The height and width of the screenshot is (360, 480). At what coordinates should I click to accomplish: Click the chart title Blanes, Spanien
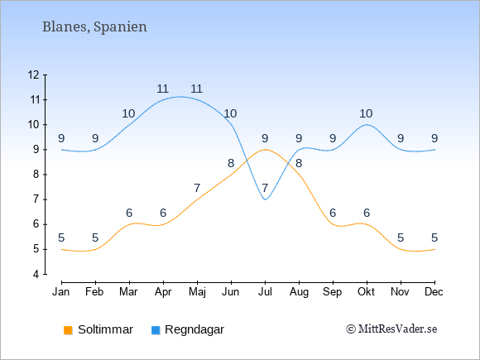click(x=94, y=27)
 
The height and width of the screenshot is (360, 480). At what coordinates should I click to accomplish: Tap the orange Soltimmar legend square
click(x=68, y=330)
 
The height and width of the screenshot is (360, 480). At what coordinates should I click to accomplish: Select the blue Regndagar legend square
click(x=156, y=330)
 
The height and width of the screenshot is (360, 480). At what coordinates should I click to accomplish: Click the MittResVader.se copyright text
click(x=391, y=329)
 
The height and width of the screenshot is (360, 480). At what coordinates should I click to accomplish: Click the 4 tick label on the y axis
click(x=36, y=274)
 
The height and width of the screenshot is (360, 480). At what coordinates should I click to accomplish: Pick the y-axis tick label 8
click(x=36, y=175)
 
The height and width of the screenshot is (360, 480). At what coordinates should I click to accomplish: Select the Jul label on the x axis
click(x=265, y=292)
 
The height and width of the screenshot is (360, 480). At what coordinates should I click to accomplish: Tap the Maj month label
click(x=197, y=292)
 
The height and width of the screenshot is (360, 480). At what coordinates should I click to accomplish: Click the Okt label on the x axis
click(x=367, y=292)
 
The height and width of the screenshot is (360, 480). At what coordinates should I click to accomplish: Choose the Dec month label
click(x=434, y=292)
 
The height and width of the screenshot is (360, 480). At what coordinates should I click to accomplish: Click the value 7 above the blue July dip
click(x=265, y=188)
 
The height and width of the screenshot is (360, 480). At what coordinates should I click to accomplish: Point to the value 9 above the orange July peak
click(x=265, y=138)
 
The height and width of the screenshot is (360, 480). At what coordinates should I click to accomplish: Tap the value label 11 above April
click(x=163, y=89)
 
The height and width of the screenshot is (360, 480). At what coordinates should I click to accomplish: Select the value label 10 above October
click(x=366, y=113)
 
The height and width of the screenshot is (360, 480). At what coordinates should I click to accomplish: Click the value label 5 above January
click(x=61, y=238)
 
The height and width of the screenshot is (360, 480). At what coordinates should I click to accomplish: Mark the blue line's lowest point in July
click(x=265, y=199)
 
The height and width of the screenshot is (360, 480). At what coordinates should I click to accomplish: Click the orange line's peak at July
click(x=265, y=150)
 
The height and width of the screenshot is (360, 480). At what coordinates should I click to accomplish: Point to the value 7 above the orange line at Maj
click(x=197, y=188)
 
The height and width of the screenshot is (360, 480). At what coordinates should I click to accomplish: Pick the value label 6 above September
click(x=333, y=213)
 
